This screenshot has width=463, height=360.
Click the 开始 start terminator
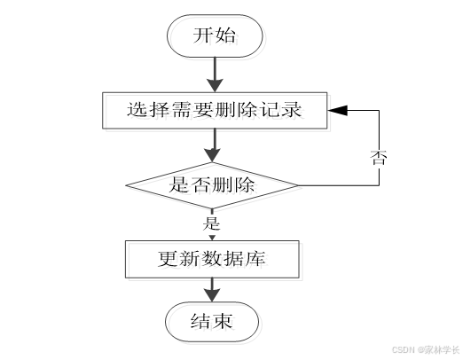[x=214, y=35]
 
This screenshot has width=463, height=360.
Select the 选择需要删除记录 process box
[x=214, y=111]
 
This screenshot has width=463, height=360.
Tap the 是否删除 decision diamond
[x=212, y=185]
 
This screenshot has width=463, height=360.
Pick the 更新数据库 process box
[x=213, y=259]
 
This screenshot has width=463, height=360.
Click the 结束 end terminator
[x=213, y=323]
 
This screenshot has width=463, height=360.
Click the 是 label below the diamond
[x=211, y=222]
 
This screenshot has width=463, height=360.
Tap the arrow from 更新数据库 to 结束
[x=213, y=289]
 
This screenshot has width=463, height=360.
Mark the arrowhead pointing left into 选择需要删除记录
[x=336, y=111]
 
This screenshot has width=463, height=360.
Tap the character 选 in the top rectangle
[x=136, y=111]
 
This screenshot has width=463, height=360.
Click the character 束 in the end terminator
[x=224, y=323]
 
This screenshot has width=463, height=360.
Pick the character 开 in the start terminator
[x=203, y=35]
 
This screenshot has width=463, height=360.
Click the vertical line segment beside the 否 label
[x=381, y=133]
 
